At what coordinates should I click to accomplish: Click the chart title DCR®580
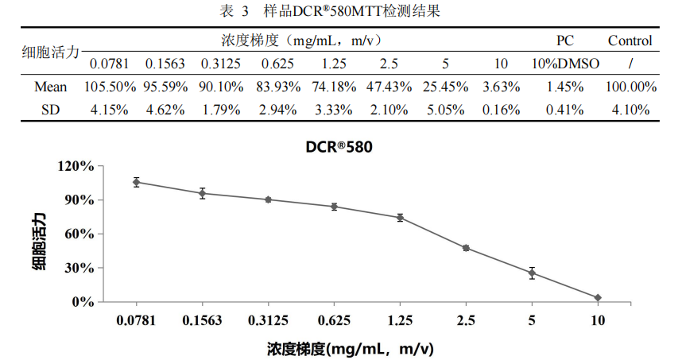click(x=339, y=147)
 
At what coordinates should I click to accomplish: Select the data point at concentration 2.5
click(x=466, y=248)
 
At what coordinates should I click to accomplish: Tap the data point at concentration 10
click(x=598, y=297)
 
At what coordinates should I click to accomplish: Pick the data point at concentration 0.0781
click(x=136, y=182)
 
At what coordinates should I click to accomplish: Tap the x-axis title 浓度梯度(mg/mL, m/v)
click(x=349, y=348)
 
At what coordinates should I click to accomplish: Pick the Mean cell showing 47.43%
click(x=389, y=87)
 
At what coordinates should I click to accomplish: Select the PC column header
click(x=564, y=41)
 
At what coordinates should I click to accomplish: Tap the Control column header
click(x=630, y=41)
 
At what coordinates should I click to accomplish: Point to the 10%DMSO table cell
click(x=565, y=64)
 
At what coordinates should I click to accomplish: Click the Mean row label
click(x=51, y=87)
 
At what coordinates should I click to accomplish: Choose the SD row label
click(x=51, y=110)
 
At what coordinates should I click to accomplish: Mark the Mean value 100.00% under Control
click(x=630, y=87)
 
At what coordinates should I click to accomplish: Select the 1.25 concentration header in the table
click(x=333, y=64)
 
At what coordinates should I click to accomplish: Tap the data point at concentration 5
click(x=532, y=273)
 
